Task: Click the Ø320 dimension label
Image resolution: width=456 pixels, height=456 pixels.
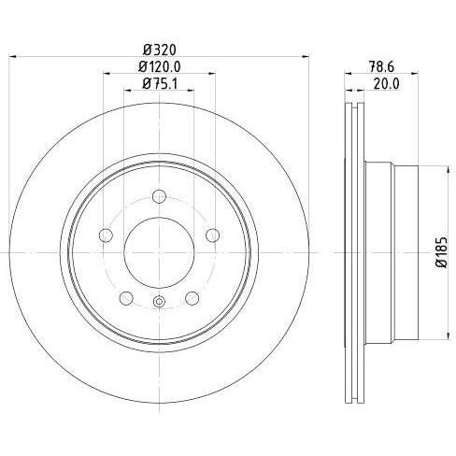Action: [160, 50]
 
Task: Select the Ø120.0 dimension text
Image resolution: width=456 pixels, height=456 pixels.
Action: [160, 66]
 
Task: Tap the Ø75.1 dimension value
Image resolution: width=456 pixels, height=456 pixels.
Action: [160, 83]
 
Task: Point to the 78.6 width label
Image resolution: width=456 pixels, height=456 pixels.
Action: [381, 66]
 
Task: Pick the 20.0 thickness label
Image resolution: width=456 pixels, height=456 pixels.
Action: [386, 84]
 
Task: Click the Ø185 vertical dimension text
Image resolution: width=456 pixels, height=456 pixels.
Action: [442, 252]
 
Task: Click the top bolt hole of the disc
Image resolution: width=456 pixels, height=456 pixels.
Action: [159, 196]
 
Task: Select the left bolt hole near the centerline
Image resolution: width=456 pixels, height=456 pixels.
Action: [106, 235]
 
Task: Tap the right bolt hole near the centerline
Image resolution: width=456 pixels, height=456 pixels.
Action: [213, 235]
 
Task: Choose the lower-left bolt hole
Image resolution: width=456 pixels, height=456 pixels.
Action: [126, 298]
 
